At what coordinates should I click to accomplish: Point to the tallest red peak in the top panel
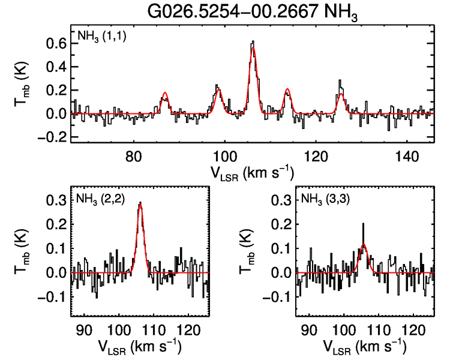253,48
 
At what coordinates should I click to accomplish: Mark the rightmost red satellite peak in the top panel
341,94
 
